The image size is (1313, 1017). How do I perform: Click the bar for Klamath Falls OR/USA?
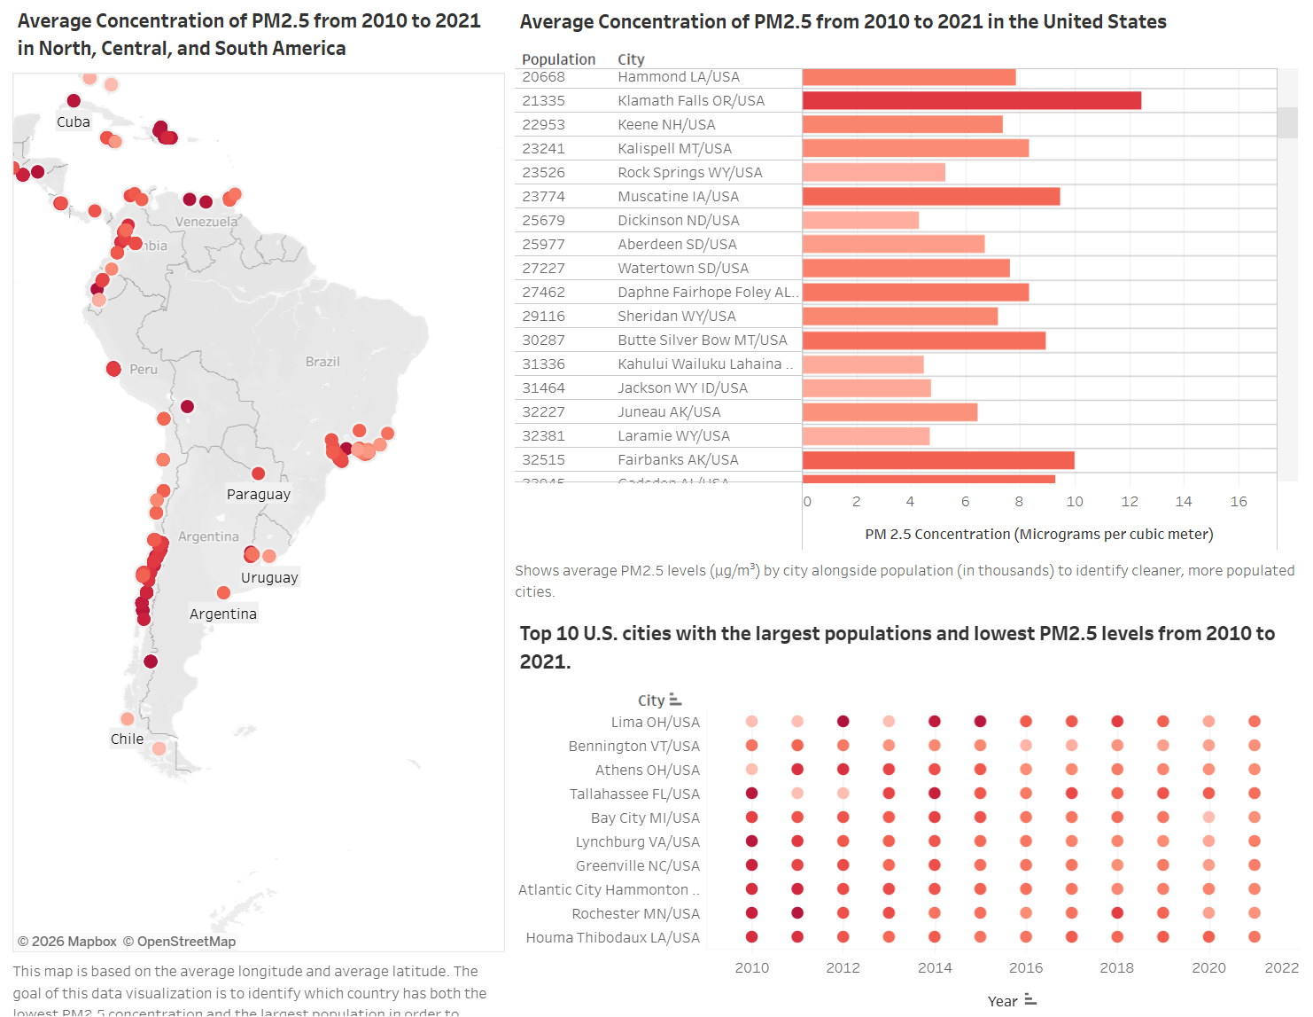971,101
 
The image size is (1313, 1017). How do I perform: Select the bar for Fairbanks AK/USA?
937,460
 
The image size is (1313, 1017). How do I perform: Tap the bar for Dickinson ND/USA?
860,221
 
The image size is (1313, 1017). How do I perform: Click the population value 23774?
543,197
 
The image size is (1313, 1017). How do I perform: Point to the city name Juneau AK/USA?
669,412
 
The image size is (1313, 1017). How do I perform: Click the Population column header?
558,59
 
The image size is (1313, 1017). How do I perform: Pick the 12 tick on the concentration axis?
1129,502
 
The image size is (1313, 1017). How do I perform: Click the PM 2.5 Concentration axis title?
1038,534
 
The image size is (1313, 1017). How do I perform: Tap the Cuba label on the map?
74,122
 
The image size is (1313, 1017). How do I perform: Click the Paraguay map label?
258,495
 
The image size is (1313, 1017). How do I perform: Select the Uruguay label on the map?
269,578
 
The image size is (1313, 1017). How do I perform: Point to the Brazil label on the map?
322,362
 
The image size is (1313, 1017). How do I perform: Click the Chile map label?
127,739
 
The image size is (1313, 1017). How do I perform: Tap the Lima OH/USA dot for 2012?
843,722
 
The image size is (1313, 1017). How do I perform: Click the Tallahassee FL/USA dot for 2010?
752,794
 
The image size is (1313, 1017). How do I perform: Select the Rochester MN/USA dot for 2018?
1117,913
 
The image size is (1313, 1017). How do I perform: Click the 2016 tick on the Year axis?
1026,968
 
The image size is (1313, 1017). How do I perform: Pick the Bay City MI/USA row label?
645,818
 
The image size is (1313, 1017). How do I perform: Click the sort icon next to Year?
1030,1000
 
